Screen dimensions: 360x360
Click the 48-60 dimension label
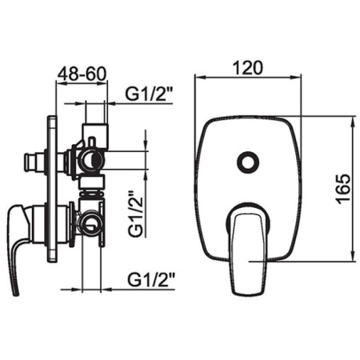pyautogui.click(x=82, y=74)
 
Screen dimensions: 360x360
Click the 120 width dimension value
pyautogui.click(x=248, y=68)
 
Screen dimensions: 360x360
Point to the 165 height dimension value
pyautogui.click(x=343, y=190)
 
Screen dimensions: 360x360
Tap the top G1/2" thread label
pyautogui.click(x=150, y=94)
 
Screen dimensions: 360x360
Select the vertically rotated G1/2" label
pyautogui.click(x=136, y=214)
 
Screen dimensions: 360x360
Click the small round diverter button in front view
pyautogui.click(x=248, y=162)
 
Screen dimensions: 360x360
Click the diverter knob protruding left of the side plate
pyautogui.click(x=35, y=162)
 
